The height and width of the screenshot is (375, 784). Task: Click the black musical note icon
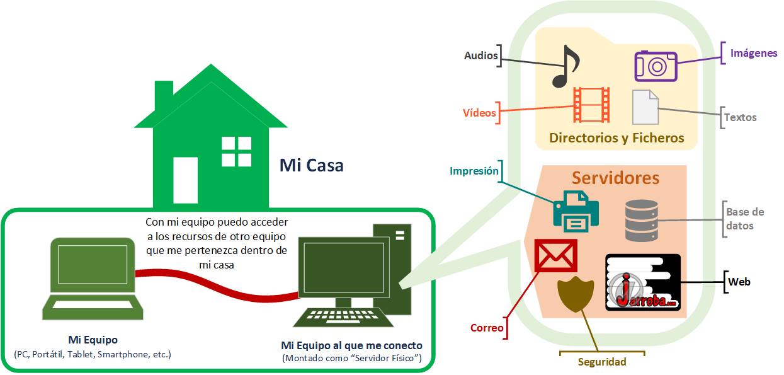(565, 66)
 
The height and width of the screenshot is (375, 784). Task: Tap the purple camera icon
(655, 66)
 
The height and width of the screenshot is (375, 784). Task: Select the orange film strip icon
(591, 105)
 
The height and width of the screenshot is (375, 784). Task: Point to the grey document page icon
(645, 107)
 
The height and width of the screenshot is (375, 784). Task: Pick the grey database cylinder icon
(642, 220)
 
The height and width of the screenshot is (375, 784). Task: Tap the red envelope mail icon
(555, 255)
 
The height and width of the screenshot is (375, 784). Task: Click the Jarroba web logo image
(643, 282)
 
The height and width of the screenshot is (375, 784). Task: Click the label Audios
(480, 55)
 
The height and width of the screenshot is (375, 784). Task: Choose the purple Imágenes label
(754, 53)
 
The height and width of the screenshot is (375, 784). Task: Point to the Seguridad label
(602, 362)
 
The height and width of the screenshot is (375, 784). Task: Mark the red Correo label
(487, 328)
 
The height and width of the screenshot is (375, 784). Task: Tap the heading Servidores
(615, 178)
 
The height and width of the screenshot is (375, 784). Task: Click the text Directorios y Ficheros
(616, 138)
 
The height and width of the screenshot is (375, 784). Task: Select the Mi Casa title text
(311, 166)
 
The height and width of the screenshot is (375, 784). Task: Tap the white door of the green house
(185, 180)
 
